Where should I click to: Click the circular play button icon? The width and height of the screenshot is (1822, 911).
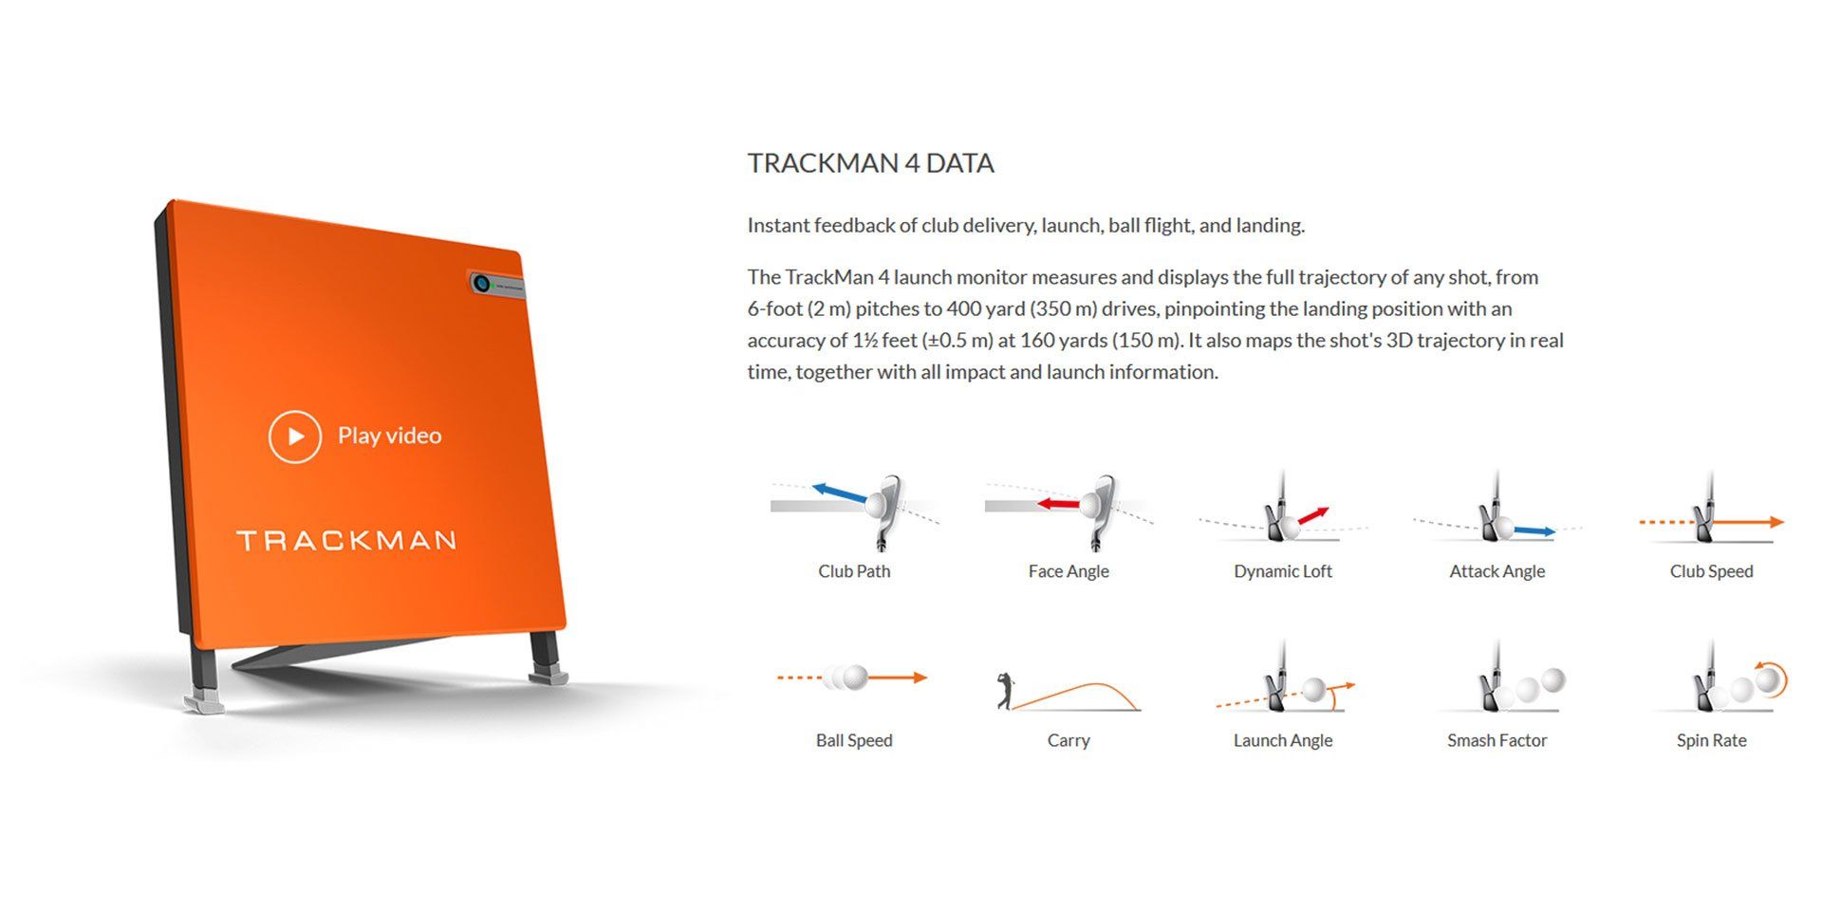point(294,437)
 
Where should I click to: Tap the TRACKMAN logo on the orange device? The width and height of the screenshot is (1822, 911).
point(346,541)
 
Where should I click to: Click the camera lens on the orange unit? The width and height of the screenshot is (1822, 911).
point(481,283)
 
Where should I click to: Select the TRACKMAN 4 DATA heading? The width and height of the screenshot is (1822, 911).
point(870,163)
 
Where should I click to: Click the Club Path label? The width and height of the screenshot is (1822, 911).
point(854,571)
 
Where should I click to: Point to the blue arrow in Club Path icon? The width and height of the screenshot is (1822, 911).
point(839,493)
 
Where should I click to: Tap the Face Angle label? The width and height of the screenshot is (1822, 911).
point(1069,571)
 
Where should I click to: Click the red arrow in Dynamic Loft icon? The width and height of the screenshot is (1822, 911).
point(1313,516)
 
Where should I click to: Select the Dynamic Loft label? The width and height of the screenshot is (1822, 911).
point(1283,571)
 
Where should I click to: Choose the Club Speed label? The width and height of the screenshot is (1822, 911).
point(1711,571)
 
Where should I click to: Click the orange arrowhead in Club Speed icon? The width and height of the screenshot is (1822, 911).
point(1776,522)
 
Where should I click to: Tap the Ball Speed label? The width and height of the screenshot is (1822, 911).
point(854,740)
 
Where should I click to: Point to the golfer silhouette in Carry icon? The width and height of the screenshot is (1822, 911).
point(1005,691)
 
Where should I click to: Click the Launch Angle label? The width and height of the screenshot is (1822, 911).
point(1283,740)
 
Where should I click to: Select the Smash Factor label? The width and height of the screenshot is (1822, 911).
point(1497,740)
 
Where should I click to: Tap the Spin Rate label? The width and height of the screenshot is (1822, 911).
point(1711,740)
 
